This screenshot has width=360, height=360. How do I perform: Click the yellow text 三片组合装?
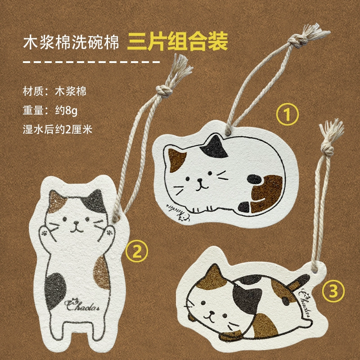[x=177, y=41]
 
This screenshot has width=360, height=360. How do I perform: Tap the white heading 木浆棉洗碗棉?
[x=71, y=42]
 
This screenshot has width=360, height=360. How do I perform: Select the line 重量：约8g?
[x=50, y=111]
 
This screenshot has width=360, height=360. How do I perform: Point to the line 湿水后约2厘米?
[x=58, y=130]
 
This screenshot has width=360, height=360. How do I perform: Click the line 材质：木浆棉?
[x=54, y=92]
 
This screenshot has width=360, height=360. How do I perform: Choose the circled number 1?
[x=287, y=114]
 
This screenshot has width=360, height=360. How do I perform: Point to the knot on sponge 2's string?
[x=164, y=91]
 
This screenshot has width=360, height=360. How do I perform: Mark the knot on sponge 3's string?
[x=327, y=148]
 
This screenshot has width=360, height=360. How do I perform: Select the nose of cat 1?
[x=200, y=181]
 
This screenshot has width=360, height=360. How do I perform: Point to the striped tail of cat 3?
[x=298, y=283]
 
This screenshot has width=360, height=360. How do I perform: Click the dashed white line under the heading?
[x=91, y=62]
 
